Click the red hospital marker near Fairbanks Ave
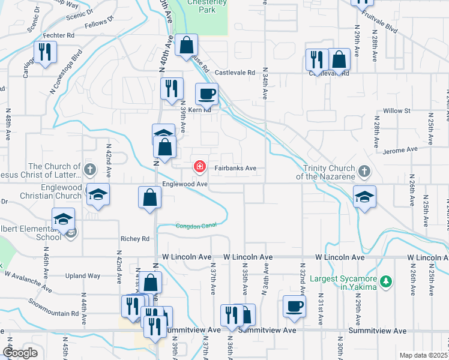[x=199, y=166]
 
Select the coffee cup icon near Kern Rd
[x=207, y=94]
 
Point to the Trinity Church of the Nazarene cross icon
[x=364, y=173]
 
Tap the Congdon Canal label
[x=195, y=226]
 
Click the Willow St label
[x=397, y=111]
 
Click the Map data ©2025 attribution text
[x=423, y=355]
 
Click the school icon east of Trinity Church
[x=364, y=197]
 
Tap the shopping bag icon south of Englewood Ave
[x=149, y=197]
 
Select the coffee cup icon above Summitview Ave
[x=294, y=305]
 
